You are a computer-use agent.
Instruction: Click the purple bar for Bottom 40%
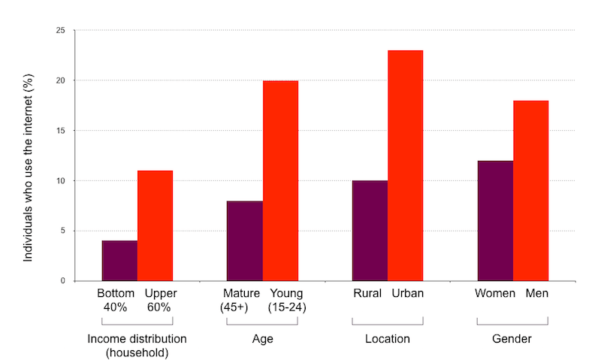click(x=119, y=261)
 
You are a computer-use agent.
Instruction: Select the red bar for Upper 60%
click(x=155, y=225)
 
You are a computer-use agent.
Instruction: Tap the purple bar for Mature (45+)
click(x=244, y=241)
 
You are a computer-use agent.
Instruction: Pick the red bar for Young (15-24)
click(x=280, y=180)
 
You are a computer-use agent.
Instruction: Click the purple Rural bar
click(x=370, y=231)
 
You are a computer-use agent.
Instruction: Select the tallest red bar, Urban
click(x=406, y=165)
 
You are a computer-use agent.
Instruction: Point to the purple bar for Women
click(x=495, y=221)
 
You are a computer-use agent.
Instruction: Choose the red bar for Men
click(x=530, y=191)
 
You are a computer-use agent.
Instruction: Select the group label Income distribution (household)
click(x=137, y=346)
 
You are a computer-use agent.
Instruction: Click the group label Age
click(x=262, y=339)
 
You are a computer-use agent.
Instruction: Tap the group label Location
click(x=387, y=339)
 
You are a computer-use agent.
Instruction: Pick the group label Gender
click(x=512, y=339)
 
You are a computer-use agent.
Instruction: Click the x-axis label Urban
click(x=407, y=293)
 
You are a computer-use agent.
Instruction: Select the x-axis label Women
click(x=494, y=293)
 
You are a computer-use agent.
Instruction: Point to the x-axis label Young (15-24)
click(x=287, y=300)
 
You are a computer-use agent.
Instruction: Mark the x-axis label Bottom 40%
click(x=116, y=300)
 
